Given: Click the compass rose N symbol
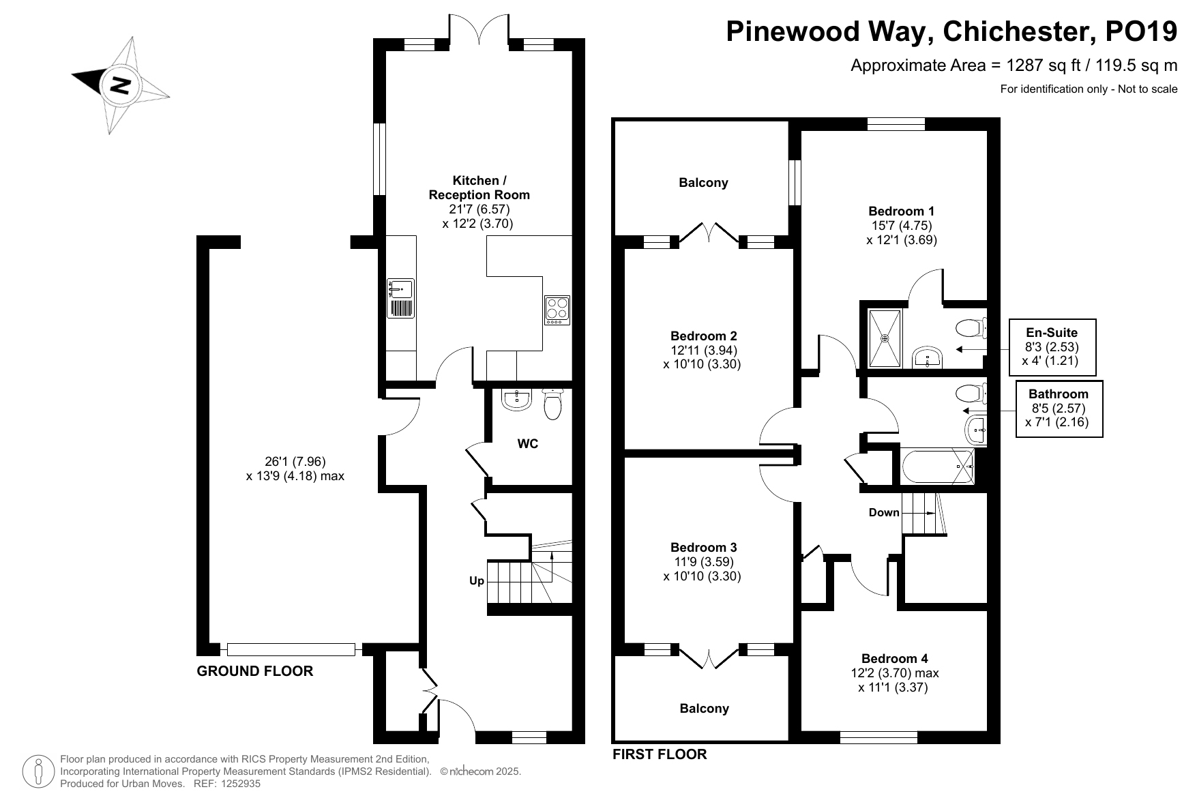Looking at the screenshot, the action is point(121,85).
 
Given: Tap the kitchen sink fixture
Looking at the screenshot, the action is point(401,299).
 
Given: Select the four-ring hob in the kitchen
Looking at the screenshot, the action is point(557,310).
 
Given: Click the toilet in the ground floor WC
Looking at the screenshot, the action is point(552,404).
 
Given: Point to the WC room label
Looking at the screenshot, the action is point(527,444).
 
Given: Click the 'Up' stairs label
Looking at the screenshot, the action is point(477,580).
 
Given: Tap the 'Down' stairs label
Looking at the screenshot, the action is point(884,512).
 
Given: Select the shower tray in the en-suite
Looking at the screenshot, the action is point(885,338).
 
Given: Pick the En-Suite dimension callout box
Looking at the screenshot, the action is point(1052,347).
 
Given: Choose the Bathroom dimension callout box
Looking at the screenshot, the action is point(1059,409).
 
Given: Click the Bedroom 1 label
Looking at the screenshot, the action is point(902,211).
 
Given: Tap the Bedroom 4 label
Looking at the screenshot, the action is point(894,658).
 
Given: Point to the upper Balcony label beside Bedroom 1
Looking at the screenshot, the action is point(703,183).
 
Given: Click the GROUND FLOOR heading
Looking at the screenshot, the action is point(255,671).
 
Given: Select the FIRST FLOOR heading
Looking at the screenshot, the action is point(660,754).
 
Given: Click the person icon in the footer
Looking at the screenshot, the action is point(40,771).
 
